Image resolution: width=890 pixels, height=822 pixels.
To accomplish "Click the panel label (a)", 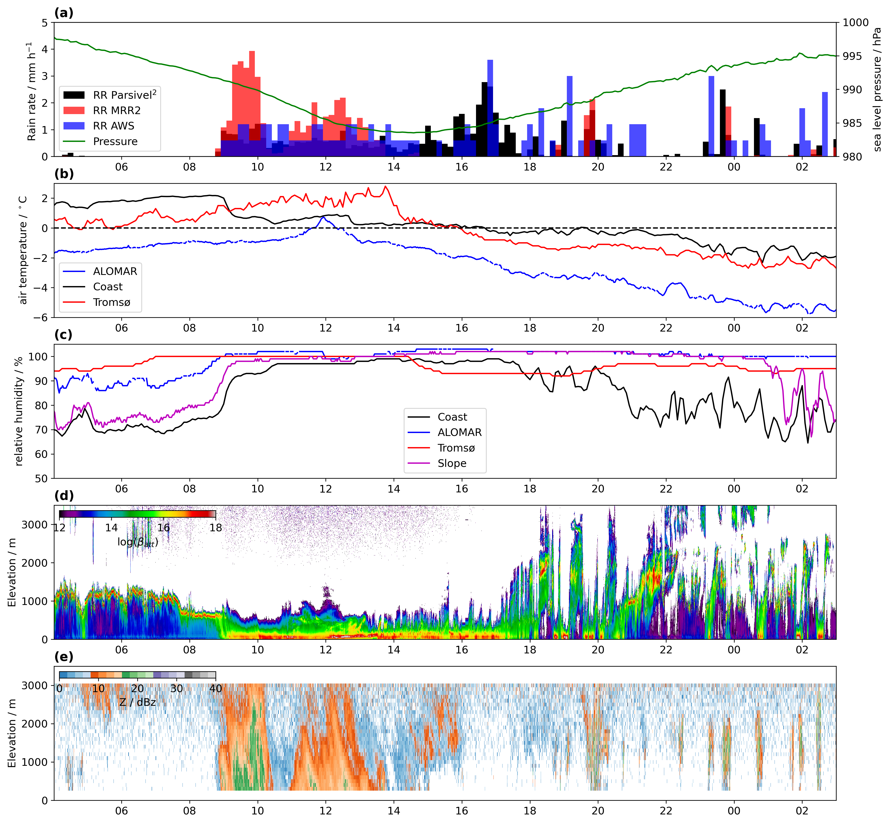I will [x=63, y=13].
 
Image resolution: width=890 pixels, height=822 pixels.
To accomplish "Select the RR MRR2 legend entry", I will [x=116, y=110].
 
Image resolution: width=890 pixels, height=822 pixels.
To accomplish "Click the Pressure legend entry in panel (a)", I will [x=115, y=141].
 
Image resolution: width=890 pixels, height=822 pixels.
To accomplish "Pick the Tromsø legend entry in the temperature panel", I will [x=111, y=302].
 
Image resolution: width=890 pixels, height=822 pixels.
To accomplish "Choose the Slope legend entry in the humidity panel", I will [x=452, y=464].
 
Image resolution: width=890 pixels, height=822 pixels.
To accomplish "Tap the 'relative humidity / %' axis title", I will [x=19, y=412].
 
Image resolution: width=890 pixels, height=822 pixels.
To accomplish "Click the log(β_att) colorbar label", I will [x=138, y=542].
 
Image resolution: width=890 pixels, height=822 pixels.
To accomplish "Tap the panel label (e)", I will [x=63, y=657].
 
